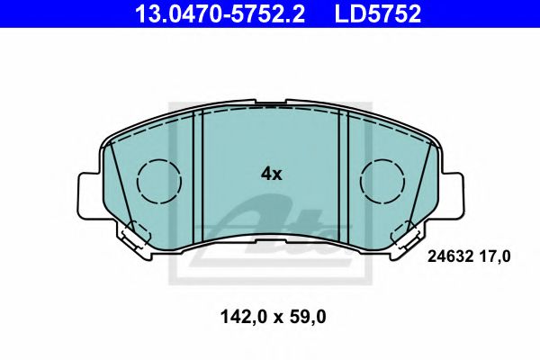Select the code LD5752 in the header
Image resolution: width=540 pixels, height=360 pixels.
[x=378, y=13]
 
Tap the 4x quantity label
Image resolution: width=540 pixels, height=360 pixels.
[x=271, y=174]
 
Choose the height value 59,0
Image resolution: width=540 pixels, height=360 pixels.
[x=306, y=318]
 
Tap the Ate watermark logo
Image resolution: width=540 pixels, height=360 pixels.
[x=270, y=229]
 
